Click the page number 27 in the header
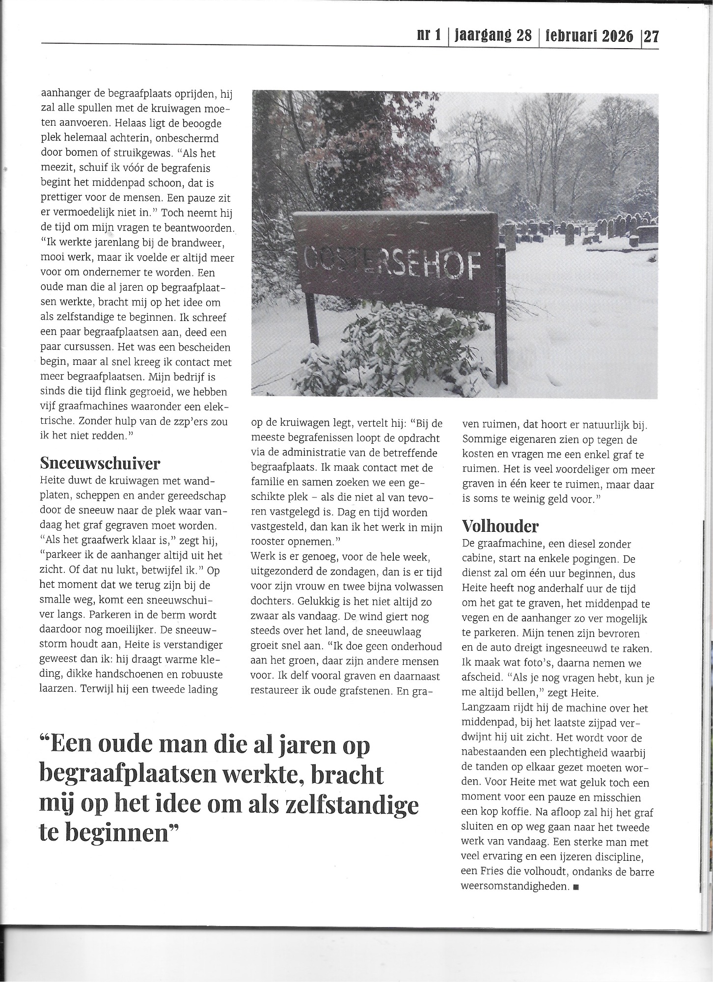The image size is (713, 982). pyautogui.click(x=651, y=37)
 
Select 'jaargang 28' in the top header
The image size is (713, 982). pyautogui.click(x=494, y=36)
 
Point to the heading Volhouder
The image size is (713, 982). pyautogui.click(x=500, y=526)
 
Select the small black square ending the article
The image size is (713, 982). pyautogui.click(x=576, y=887)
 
